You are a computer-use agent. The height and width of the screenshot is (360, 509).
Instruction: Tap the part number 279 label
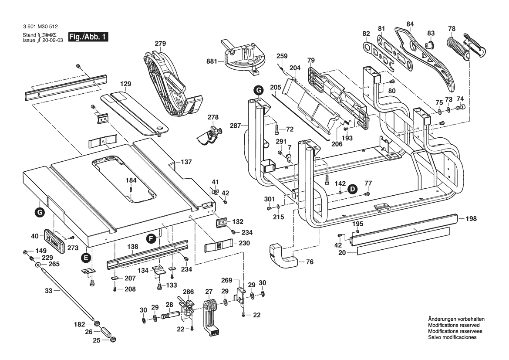point(161,43)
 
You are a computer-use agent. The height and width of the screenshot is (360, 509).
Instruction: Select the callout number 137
point(186,162)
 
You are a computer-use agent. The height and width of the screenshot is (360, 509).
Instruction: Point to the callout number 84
point(410,24)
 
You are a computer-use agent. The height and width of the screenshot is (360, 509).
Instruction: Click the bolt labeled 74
point(461,106)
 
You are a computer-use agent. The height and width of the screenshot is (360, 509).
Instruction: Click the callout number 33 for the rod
point(48,291)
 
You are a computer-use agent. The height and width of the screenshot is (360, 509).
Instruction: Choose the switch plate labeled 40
point(55,239)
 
